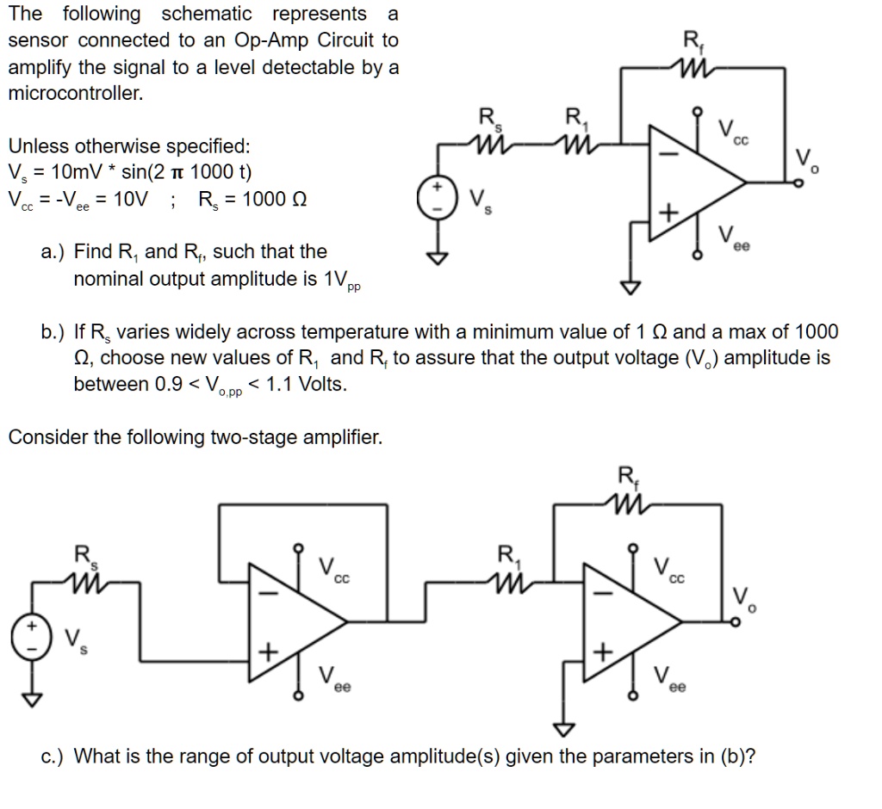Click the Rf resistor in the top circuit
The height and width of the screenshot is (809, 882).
pos(693,65)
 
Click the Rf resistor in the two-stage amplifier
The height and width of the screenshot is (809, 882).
pos(628,502)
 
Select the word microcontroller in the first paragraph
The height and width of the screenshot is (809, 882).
pos(75,93)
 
